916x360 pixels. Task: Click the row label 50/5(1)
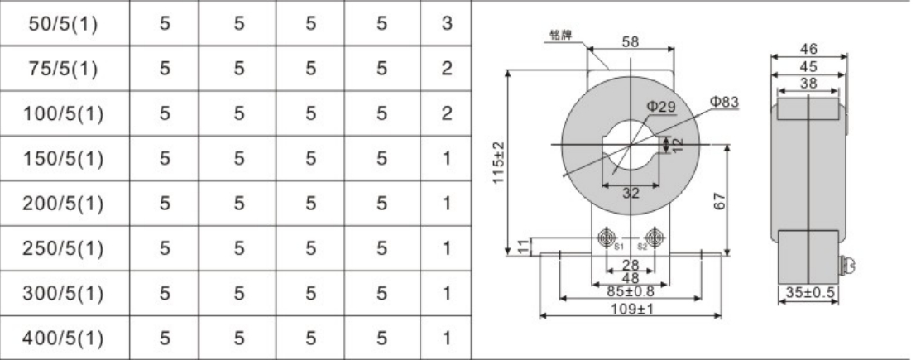pyautogui.click(x=64, y=24)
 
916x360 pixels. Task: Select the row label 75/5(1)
pyautogui.click(x=64, y=69)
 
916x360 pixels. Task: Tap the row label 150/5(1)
pyautogui.click(x=64, y=159)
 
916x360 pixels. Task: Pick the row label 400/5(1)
pyautogui.click(x=64, y=338)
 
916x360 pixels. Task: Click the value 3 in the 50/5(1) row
pyautogui.click(x=447, y=24)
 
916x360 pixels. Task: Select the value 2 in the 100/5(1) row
pyautogui.click(x=447, y=113)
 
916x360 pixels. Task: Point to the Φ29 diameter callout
pyautogui.click(x=660, y=107)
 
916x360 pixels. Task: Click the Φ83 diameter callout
pyautogui.click(x=724, y=102)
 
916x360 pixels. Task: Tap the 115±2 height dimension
pyautogui.click(x=498, y=162)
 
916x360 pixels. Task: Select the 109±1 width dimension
pyautogui.click(x=632, y=308)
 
